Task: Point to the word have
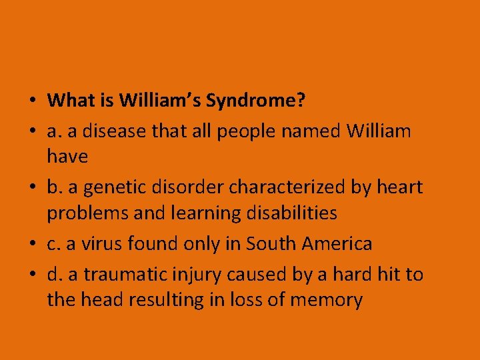click(x=67, y=157)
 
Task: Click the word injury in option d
click(x=201, y=274)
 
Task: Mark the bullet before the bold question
click(x=31, y=101)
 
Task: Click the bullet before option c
click(x=31, y=245)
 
